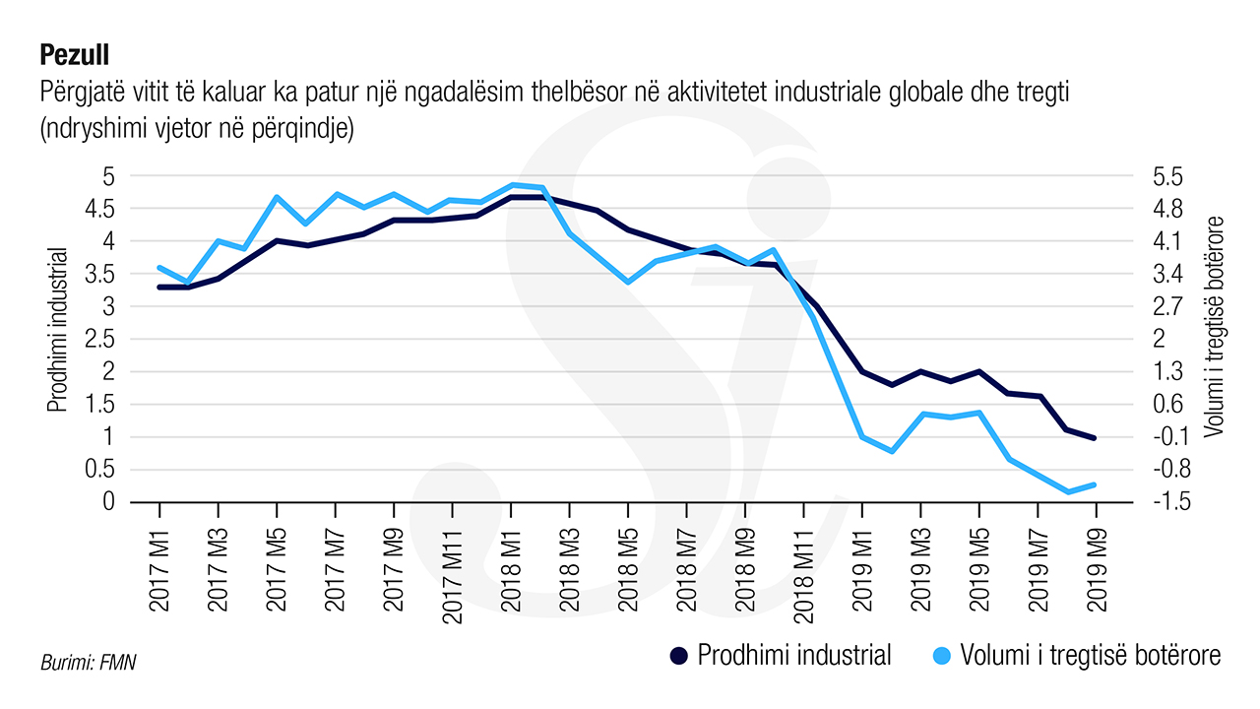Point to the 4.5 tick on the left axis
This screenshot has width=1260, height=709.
(x=102, y=209)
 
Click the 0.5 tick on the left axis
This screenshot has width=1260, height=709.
(x=102, y=470)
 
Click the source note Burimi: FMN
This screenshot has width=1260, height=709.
(x=88, y=663)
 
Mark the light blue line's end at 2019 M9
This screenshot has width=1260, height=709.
(x=1096, y=484)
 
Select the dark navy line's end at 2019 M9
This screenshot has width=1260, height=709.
(x=1096, y=438)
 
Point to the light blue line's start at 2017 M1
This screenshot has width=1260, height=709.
(x=159, y=268)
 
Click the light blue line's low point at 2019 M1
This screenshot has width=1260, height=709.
(x=862, y=437)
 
